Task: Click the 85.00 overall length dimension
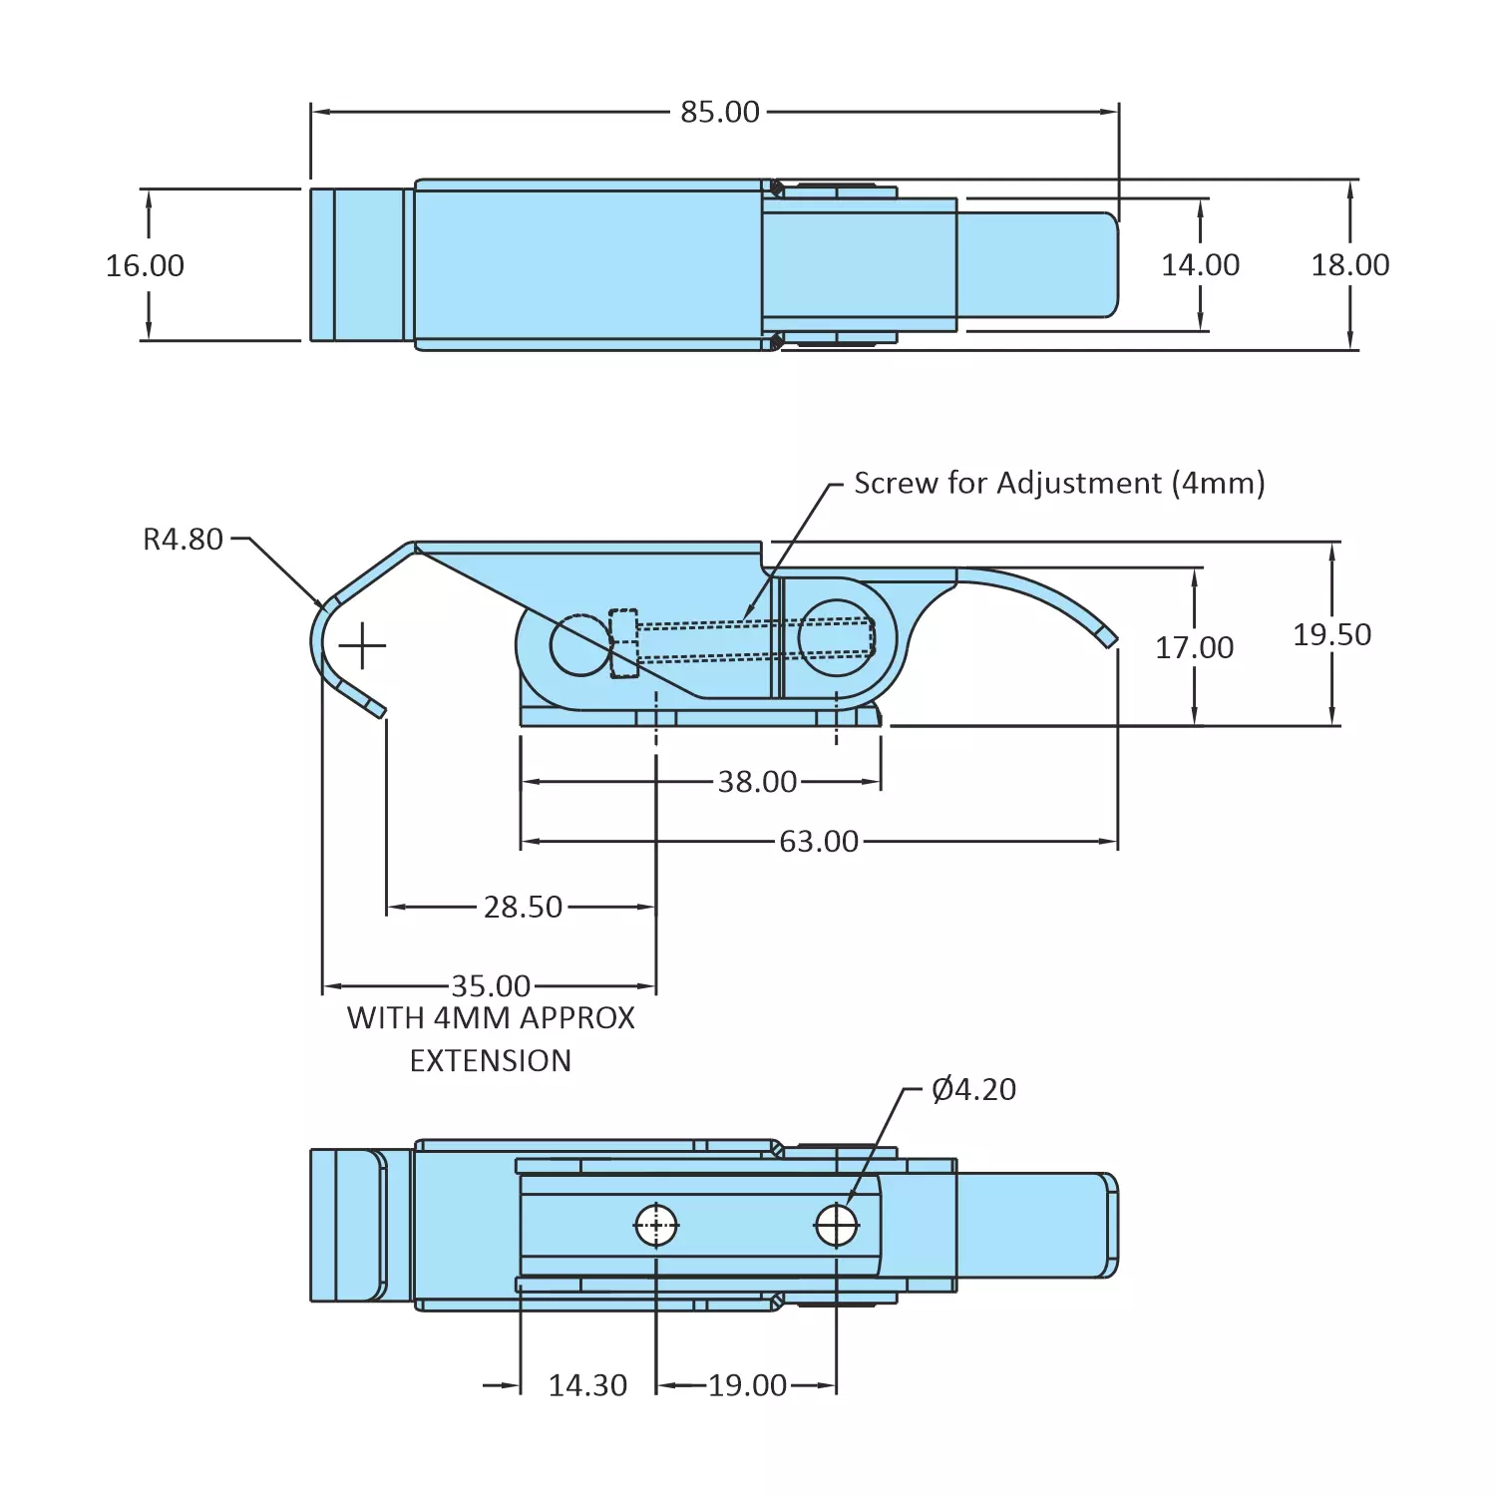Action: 719,112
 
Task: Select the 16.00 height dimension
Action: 145,265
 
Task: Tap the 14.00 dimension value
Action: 1200,264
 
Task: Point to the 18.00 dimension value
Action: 1349,264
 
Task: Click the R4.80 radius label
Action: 183,540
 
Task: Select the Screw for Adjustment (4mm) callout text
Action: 1059,483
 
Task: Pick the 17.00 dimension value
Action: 1194,647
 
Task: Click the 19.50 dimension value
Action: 1331,634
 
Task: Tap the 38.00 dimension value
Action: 757,781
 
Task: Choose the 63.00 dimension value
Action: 818,842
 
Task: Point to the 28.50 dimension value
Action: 523,907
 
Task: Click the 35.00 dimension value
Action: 491,985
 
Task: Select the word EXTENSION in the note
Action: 491,1060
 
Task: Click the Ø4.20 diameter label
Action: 973,1089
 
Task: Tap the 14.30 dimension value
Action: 587,1385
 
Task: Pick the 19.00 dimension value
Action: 747,1385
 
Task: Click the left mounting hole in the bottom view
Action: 656,1226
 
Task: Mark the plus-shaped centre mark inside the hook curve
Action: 362,647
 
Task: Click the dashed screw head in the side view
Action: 623,643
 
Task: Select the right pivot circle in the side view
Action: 836,637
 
